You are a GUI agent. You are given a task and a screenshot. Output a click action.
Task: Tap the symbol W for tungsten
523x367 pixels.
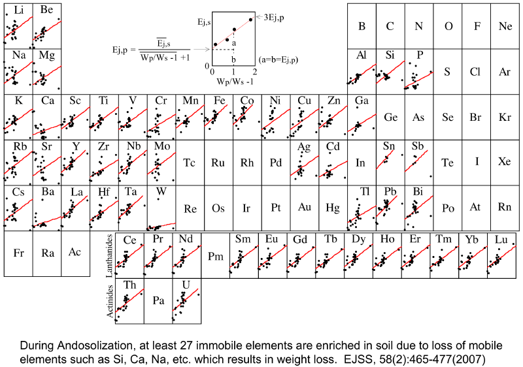tap(161, 192)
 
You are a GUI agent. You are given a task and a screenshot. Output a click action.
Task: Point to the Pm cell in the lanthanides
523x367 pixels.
tap(215, 255)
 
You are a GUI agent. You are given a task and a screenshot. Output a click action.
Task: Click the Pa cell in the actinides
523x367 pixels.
tap(158, 300)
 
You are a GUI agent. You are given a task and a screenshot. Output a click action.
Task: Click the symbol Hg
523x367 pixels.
tap(333, 208)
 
